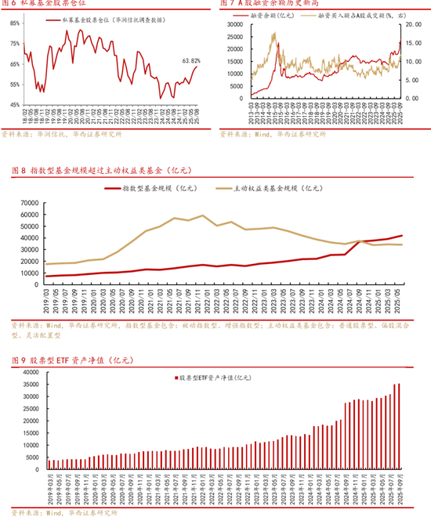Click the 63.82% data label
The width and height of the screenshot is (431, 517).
point(190,60)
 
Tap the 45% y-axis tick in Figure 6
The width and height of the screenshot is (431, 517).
point(16,104)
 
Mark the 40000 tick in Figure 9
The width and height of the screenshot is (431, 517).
point(27,374)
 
